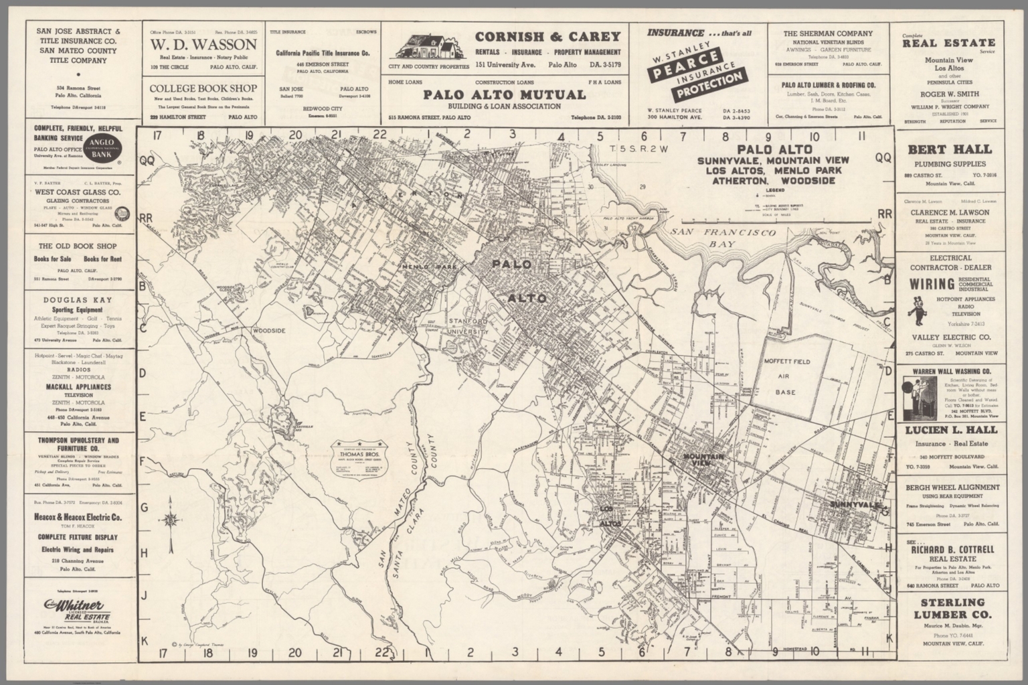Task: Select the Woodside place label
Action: click(x=269, y=331)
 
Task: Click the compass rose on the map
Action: click(x=172, y=519)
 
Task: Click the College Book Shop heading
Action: click(x=203, y=88)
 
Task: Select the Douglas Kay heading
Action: click(x=78, y=300)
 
